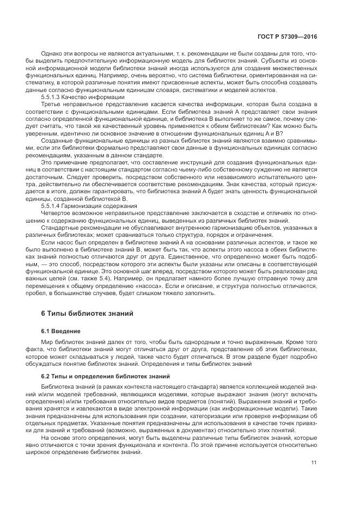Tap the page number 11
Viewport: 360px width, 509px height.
click(x=314, y=463)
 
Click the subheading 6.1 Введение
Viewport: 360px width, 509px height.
click(x=61, y=331)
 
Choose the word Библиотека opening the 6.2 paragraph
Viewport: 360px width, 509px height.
click(x=59, y=386)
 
